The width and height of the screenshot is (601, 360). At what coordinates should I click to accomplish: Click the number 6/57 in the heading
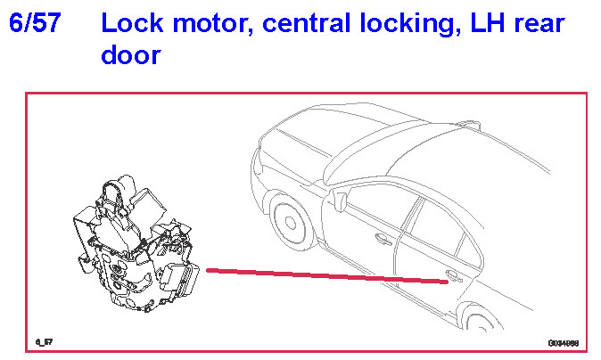pos(35,23)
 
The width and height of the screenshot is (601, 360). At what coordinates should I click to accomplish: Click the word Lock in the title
pos(128,23)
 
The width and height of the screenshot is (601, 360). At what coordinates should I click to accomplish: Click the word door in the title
pos(130,55)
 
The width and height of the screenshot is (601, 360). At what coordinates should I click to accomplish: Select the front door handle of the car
pos(383,238)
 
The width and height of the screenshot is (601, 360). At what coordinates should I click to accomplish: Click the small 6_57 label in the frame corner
pos(42,341)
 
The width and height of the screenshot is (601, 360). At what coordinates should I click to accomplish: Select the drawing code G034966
pos(563,341)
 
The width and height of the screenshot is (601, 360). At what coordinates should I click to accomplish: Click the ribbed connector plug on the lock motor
pos(186,282)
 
